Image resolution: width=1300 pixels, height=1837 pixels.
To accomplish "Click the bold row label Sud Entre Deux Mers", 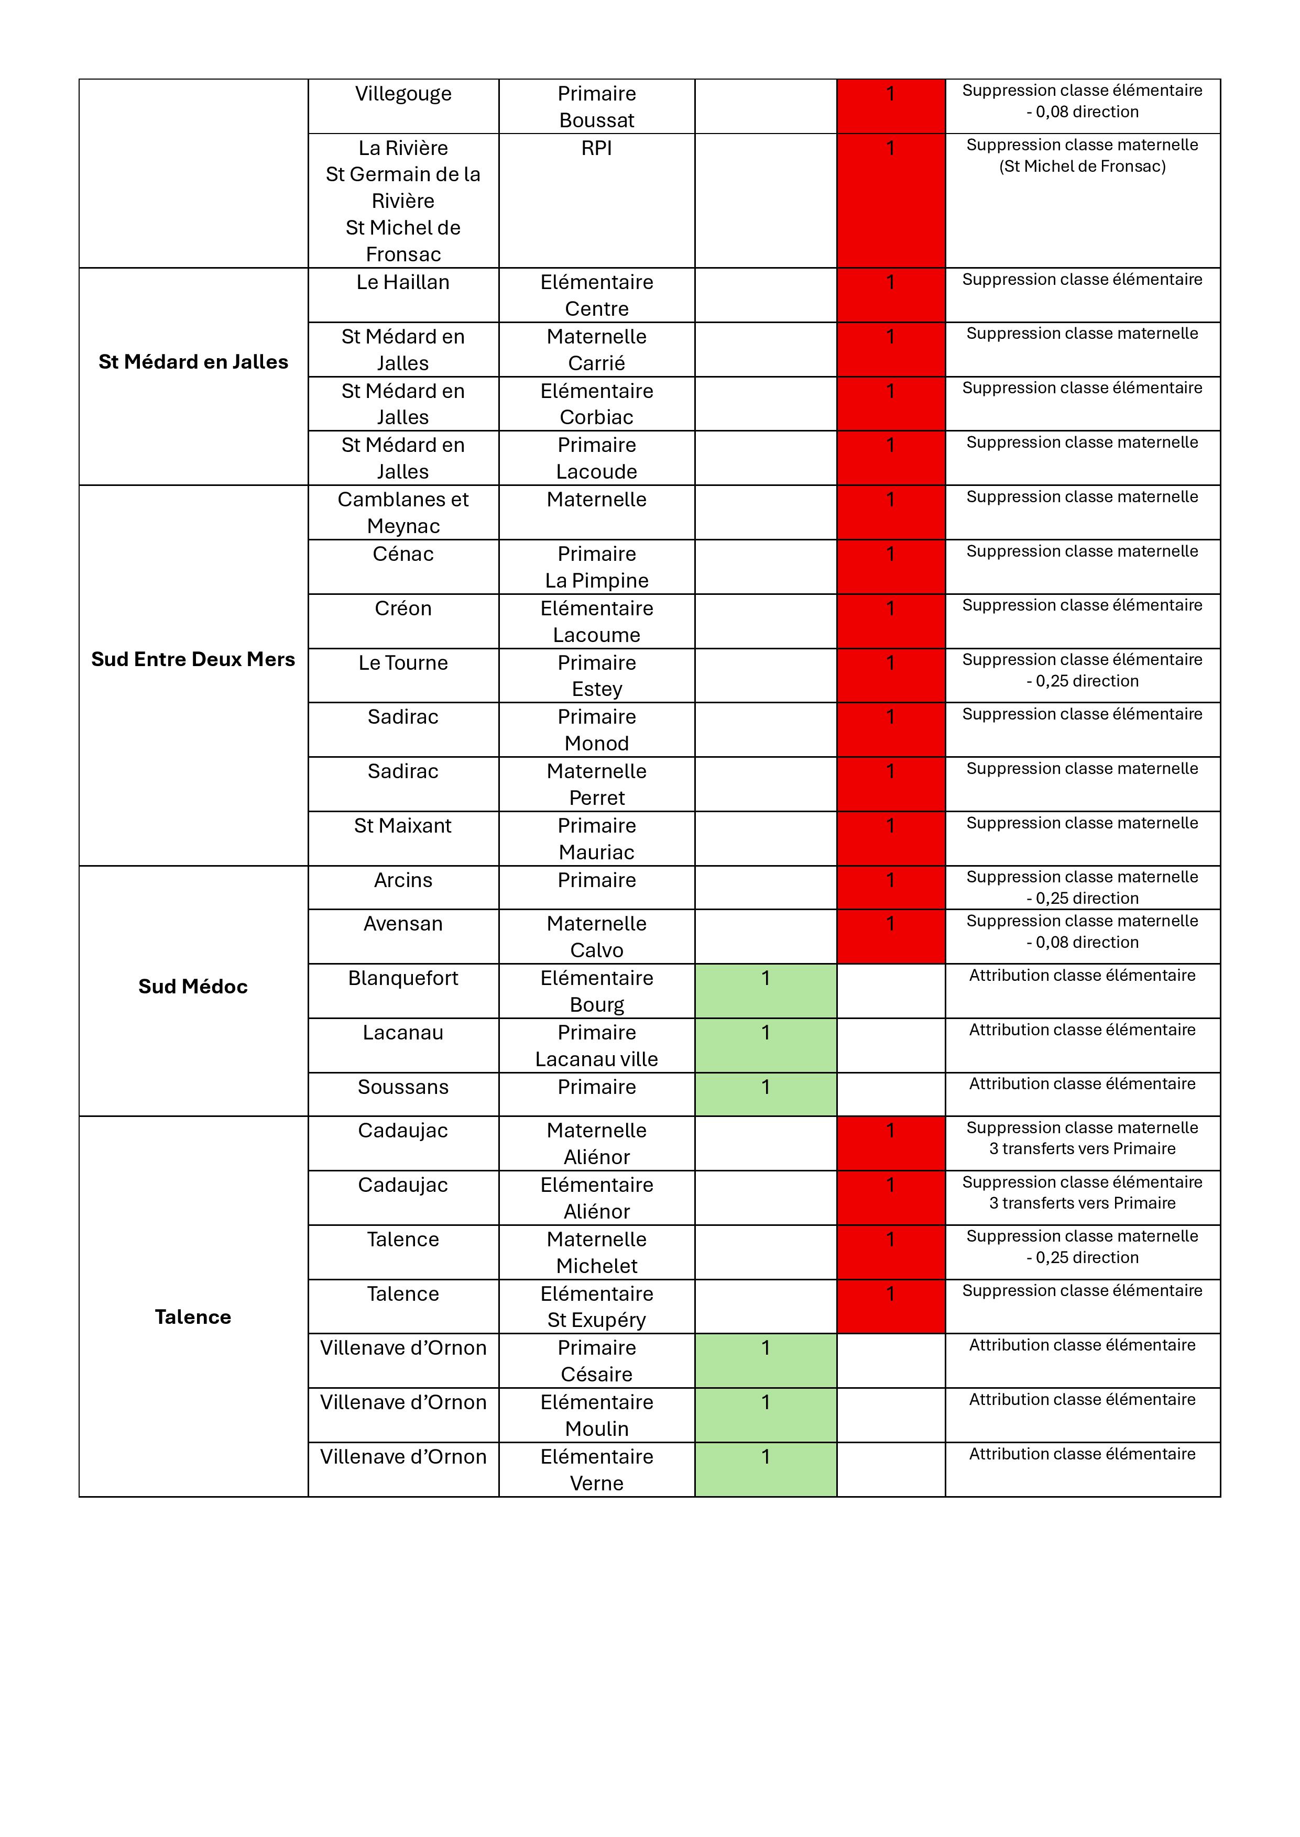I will (193, 659).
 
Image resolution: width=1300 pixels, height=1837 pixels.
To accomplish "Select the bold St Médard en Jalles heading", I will (193, 362).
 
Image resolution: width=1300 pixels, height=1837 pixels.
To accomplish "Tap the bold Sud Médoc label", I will (193, 987).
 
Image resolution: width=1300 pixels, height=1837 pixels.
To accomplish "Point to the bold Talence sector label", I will (193, 1317).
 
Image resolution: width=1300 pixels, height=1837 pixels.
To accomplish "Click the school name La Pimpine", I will (596, 580).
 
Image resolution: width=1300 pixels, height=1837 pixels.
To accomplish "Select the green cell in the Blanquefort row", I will (765, 991).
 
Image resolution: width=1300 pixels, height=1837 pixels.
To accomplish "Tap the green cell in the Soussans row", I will (765, 1094).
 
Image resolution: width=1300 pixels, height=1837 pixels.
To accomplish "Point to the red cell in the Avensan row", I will (890, 936).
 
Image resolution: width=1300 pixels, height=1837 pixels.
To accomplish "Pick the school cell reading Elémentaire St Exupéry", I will (596, 1307).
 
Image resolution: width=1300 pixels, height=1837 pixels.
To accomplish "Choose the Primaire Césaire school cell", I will (596, 1361).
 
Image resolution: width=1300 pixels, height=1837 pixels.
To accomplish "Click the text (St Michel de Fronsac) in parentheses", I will (1082, 167).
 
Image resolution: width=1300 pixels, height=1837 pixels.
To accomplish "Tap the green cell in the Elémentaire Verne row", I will (765, 1470).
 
